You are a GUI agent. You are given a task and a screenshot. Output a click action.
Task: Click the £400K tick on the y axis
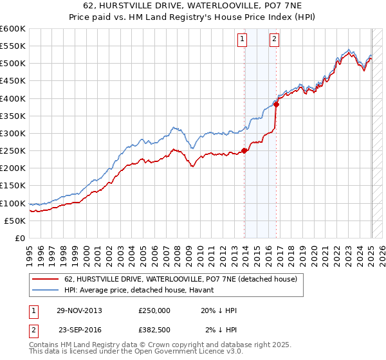tap(13, 98)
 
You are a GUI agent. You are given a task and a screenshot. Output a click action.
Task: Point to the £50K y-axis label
tap(15, 221)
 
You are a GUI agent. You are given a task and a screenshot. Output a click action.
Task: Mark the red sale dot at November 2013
tap(244, 151)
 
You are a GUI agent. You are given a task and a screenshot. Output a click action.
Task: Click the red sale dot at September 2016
tap(277, 105)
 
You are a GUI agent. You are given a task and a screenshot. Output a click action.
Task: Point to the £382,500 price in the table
tap(155, 330)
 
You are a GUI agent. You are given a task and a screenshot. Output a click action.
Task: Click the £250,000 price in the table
tap(155, 310)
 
